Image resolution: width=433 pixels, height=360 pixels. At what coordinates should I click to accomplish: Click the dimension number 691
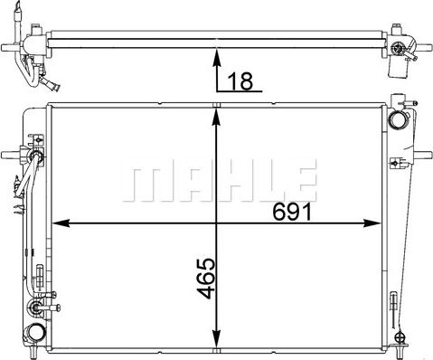coord(291,212)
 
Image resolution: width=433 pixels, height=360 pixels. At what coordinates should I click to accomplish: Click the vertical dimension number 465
coord(206,279)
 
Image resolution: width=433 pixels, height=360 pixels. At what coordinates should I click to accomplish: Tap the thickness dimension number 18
coord(240,81)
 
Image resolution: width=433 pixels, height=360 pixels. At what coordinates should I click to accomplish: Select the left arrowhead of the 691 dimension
coord(61,223)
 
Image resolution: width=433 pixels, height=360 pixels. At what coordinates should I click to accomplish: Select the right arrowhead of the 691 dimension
coord(372,223)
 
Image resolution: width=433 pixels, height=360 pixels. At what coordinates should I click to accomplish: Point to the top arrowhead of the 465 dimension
coord(216,117)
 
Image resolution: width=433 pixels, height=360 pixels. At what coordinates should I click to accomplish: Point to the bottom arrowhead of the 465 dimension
coord(216,339)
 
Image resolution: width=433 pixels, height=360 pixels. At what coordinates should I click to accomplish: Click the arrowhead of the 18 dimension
coord(216,57)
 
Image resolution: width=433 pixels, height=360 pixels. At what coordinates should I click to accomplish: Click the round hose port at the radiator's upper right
coord(398,119)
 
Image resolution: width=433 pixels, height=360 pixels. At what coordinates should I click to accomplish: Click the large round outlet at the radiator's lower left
coord(35,333)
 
